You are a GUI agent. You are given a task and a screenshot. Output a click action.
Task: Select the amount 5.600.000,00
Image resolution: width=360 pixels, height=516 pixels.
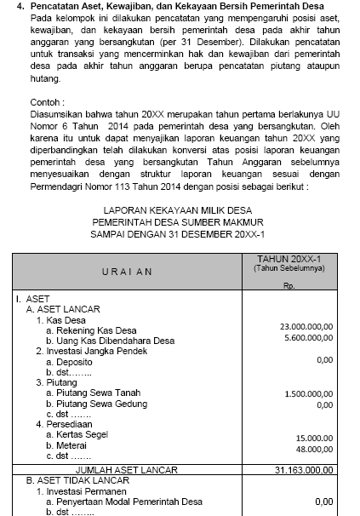(x=308, y=337)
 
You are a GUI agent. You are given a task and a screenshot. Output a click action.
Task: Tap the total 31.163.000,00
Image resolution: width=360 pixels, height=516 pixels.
(x=305, y=469)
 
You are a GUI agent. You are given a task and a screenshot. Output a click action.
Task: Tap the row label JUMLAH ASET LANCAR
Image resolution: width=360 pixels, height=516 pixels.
(x=127, y=469)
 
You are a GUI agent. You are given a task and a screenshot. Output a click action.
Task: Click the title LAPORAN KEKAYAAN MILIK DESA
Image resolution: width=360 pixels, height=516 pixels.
(x=178, y=209)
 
